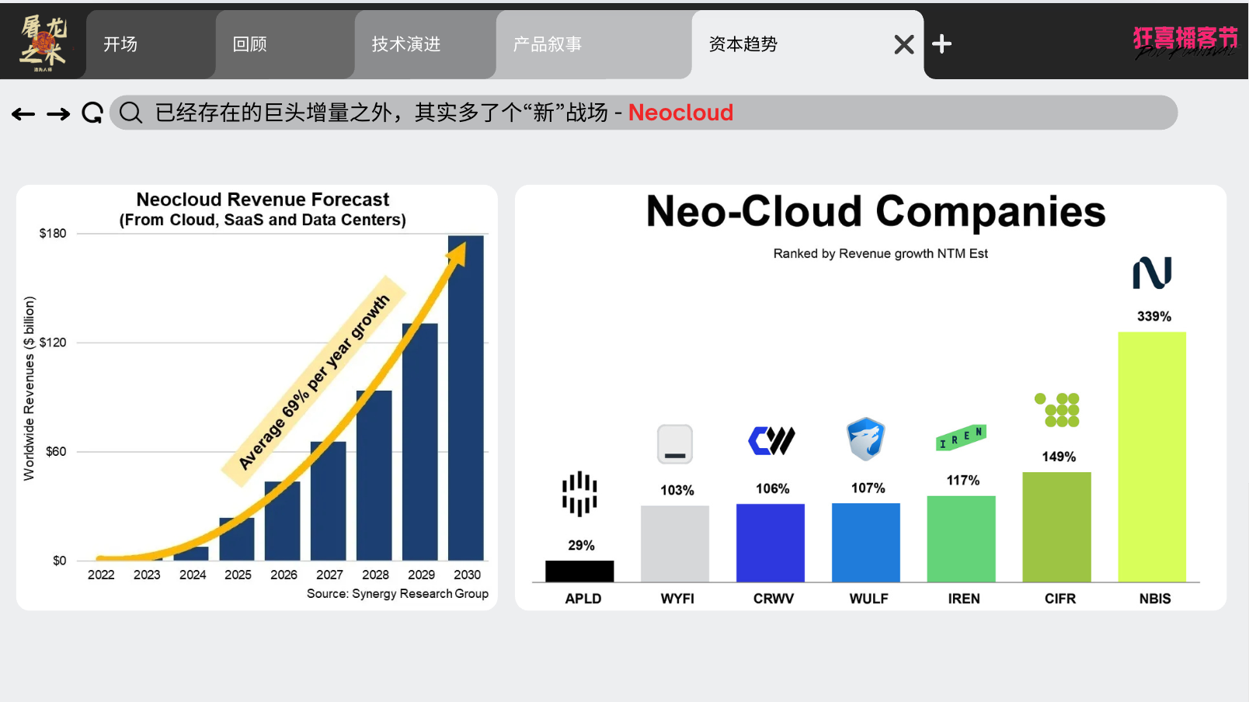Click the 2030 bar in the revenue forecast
(465, 398)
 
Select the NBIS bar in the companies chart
(1152, 457)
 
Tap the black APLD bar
(579, 571)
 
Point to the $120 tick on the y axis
(52, 342)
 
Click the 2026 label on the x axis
(284, 575)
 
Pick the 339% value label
(1154, 317)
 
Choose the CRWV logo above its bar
(771, 440)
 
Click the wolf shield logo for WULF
(865, 439)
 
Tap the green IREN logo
(962, 437)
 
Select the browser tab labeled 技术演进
(406, 44)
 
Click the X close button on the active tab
(904, 44)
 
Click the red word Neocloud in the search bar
(680, 113)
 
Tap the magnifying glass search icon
(130, 113)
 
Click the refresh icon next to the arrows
(92, 113)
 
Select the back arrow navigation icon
(23, 114)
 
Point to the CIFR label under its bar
(1060, 599)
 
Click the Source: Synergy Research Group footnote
(398, 594)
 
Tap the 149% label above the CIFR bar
(1059, 457)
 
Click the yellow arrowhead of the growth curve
(458, 254)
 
